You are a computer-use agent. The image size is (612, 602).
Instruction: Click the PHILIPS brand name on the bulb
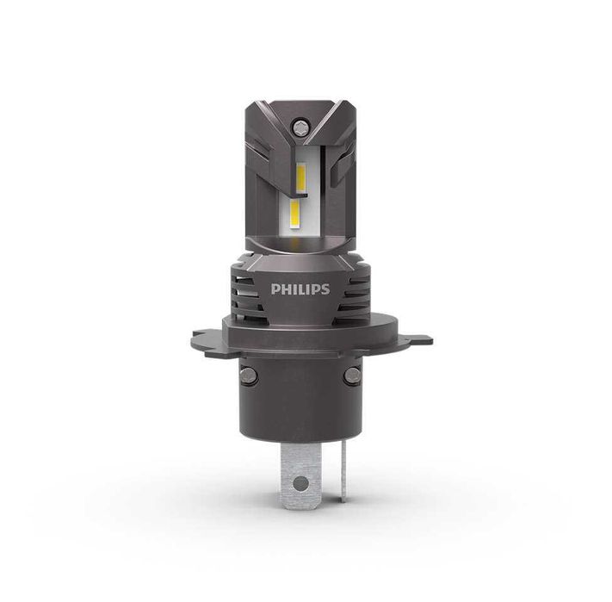pyautogui.click(x=300, y=289)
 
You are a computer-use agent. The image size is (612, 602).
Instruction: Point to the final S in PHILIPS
pyautogui.click(x=325, y=289)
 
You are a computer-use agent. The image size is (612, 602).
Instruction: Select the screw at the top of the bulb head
pyautogui.click(x=299, y=126)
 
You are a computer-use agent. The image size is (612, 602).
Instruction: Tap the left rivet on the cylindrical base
pyautogui.click(x=249, y=375)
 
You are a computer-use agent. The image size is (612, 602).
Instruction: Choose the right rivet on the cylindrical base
pyautogui.click(x=350, y=375)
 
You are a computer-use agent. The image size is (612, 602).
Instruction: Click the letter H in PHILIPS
pyautogui.click(x=287, y=289)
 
